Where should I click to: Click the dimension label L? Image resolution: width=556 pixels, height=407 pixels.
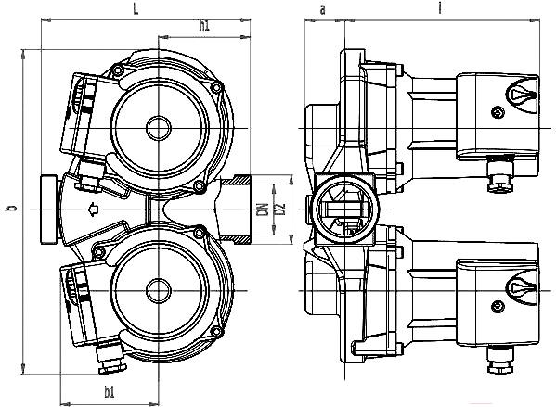pyautogui.click(x=136, y=9)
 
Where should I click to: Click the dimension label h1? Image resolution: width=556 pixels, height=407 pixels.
pyautogui.click(x=204, y=26)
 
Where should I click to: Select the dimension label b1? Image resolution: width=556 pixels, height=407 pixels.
pyautogui.click(x=110, y=392)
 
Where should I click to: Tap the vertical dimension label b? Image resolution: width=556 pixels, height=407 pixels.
pyautogui.click(x=12, y=208)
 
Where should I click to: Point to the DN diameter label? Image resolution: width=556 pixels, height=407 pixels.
pyautogui.click(x=263, y=210)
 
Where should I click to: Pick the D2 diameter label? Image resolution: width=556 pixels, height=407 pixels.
pyautogui.click(x=280, y=209)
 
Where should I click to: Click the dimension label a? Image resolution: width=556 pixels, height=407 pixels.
pyautogui.click(x=322, y=10)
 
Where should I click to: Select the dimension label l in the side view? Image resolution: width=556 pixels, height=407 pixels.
pyautogui.click(x=440, y=7)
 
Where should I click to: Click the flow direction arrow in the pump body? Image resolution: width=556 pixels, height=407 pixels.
pyautogui.click(x=93, y=210)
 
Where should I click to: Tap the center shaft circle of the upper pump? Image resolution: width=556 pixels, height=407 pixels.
pyautogui.click(x=159, y=128)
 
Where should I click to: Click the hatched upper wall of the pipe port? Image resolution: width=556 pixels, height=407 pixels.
pyautogui.click(x=236, y=180)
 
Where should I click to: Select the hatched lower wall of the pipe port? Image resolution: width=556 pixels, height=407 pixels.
pyautogui.click(x=236, y=239)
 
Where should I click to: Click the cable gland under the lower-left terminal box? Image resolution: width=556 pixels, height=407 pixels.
pyautogui.click(x=110, y=359)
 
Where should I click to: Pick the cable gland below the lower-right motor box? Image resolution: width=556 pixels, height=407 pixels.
pyautogui.click(x=500, y=360)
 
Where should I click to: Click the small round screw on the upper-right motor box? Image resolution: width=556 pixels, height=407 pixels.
pyautogui.click(x=498, y=113)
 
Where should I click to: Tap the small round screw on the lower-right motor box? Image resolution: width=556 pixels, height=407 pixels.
pyautogui.click(x=498, y=307)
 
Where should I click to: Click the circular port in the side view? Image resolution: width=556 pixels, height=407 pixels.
pyautogui.click(x=344, y=210)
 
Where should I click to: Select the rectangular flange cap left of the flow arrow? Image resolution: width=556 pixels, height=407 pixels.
pyautogui.click(x=49, y=210)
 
